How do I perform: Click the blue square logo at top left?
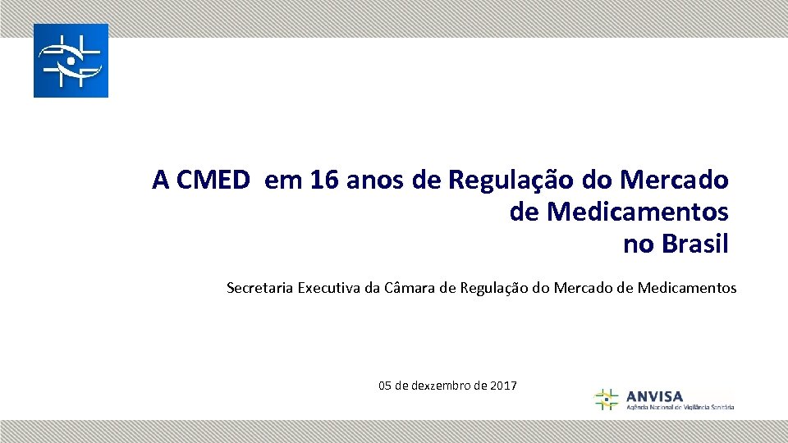point(71,61)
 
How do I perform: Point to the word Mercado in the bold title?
point(675,180)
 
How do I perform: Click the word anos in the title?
point(376,180)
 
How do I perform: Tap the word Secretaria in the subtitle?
point(259,288)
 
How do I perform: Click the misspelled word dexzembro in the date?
point(441,386)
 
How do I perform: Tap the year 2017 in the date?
point(502,386)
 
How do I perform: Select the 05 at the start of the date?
point(385,386)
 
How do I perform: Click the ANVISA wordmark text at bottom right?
point(654,395)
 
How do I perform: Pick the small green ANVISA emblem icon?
point(607,400)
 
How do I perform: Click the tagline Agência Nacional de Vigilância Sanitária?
point(680,407)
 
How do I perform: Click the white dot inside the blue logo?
point(71,61)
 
